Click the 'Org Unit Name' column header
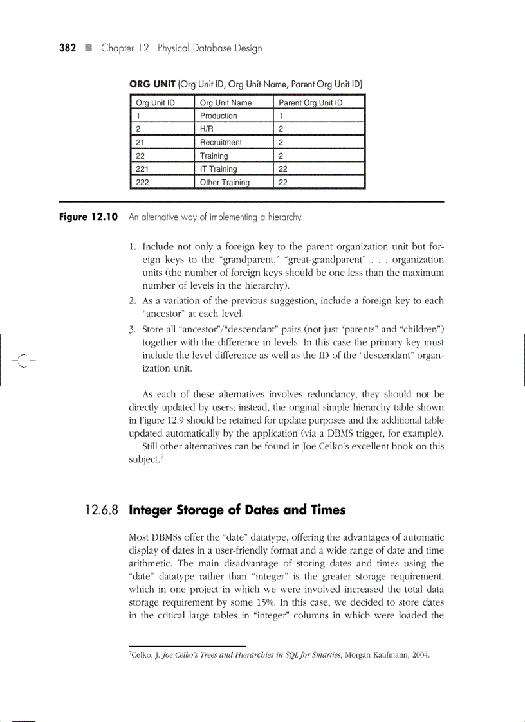[226, 103]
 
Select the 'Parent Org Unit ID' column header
[310, 103]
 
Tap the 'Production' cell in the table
[218, 116]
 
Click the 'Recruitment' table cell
[221, 142]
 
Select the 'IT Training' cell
[218, 168]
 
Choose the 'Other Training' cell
[225, 182]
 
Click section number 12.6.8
[102, 510]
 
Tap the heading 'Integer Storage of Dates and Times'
[237, 510]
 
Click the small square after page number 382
[88, 48]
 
